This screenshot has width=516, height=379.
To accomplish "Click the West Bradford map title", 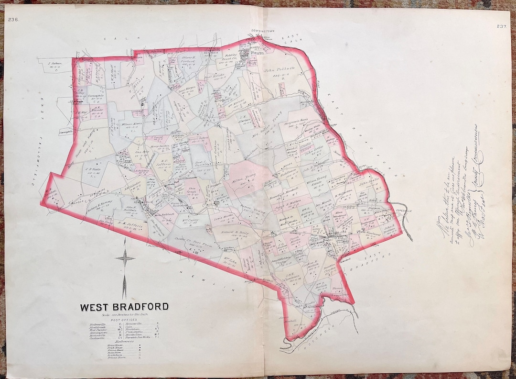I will (124, 306).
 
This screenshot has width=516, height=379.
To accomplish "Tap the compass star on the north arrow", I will (125, 259).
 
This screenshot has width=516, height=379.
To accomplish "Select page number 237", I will (502, 26).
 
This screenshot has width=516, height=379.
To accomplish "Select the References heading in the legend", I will (123, 341).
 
